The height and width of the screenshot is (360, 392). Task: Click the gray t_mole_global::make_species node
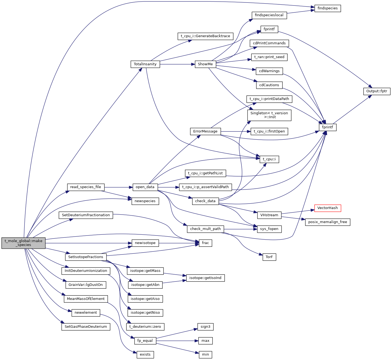(23, 243)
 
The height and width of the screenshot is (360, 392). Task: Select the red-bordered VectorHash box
(328, 208)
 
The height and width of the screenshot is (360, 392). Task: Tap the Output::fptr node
(377, 91)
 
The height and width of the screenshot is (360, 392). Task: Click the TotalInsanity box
(145, 64)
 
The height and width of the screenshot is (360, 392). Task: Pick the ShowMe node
(205, 64)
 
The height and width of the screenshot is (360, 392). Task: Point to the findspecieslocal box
(269, 15)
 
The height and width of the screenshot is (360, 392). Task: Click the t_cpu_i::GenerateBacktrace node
(205, 36)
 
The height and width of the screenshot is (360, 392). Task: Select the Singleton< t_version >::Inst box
(269, 115)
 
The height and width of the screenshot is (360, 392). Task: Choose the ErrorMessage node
(205, 131)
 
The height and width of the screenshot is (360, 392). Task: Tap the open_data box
(145, 187)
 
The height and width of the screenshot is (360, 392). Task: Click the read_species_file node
(86, 187)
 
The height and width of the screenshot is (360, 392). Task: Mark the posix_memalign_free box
(328, 222)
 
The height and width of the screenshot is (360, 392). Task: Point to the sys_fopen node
(269, 229)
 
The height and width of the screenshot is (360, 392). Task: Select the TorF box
(269, 257)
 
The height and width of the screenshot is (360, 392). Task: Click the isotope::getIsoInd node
(205, 278)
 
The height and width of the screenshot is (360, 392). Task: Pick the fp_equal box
(145, 341)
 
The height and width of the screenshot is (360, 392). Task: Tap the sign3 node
(205, 327)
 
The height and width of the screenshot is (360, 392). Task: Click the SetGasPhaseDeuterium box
(86, 327)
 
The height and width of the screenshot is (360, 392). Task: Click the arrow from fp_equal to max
(176, 341)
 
